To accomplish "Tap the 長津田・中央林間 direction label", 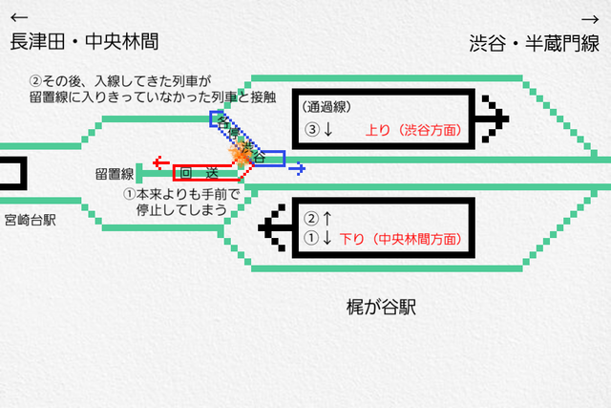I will (x=84, y=42).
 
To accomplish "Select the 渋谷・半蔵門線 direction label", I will (x=534, y=43).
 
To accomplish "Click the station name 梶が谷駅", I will (x=382, y=309).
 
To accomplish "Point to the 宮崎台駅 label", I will (x=29, y=220).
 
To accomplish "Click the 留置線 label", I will (x=114, y=174).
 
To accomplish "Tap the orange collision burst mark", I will (x=239, y=157).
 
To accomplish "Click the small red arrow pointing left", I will (x=162, y=162).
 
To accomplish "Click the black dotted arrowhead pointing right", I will (x=494, y=117).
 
